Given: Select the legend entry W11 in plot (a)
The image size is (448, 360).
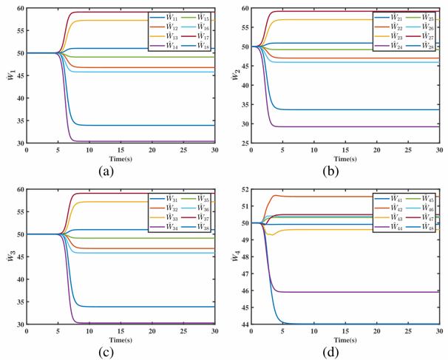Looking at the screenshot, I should click(165, 16).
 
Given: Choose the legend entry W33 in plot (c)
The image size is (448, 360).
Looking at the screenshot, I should click(165, 218).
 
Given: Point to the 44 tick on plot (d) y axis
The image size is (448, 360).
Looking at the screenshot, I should click(242, 325).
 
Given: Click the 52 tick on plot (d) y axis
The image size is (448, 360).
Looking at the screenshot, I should click(242, 189).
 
